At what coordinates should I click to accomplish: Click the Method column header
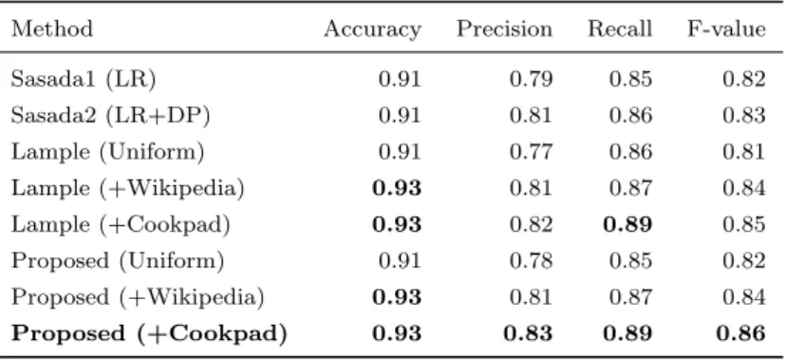[52, 28]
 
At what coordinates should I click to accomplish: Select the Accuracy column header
[372, 30]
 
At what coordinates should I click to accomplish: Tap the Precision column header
[504, 28]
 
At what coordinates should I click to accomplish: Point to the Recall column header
[620, 28]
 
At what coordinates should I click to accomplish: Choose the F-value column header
[726, 28]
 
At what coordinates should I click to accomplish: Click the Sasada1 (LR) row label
[84, 80]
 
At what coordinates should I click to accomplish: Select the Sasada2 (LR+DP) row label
[110, 116]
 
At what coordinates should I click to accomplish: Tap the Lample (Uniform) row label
[108, 152]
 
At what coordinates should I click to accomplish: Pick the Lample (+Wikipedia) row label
[128, 188]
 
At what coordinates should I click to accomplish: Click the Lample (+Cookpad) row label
[121, 224]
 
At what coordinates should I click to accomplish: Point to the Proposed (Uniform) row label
[118, 260]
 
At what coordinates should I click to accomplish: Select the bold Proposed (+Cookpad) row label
[149, 333]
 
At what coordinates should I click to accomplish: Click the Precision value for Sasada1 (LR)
[531, 80]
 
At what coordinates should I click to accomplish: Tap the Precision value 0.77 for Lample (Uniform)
[531, 152]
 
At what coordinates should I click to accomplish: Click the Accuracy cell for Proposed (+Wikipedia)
[397, 296]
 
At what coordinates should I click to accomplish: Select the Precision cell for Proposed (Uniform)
[531, 260]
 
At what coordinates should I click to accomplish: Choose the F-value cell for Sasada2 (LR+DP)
[744, 116]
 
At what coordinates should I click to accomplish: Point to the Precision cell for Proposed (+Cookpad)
[529, 333]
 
